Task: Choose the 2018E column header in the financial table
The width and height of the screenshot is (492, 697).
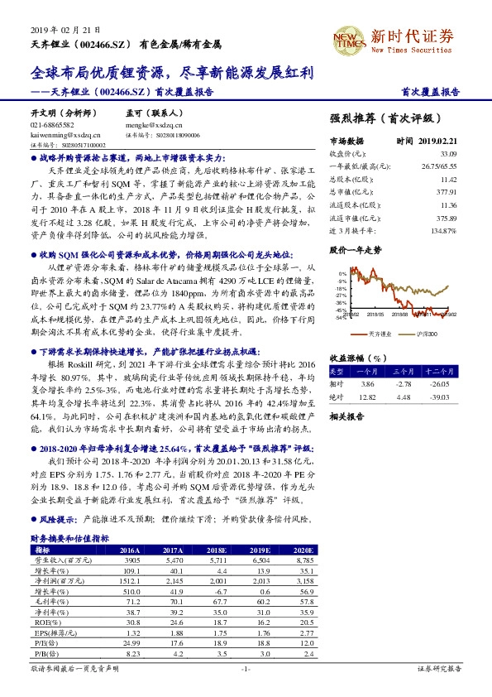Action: [x=217, y=550]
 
